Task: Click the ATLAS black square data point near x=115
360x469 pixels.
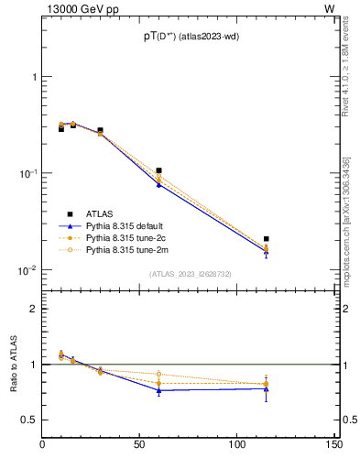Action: pos(266,239)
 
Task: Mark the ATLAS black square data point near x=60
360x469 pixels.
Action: pos(158,170)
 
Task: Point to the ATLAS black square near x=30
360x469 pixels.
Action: pos(100,131)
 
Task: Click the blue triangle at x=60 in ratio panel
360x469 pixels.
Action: pos(158,391)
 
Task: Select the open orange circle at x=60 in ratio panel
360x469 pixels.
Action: pos(158,374)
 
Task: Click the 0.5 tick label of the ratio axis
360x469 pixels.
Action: pos(29,420)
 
